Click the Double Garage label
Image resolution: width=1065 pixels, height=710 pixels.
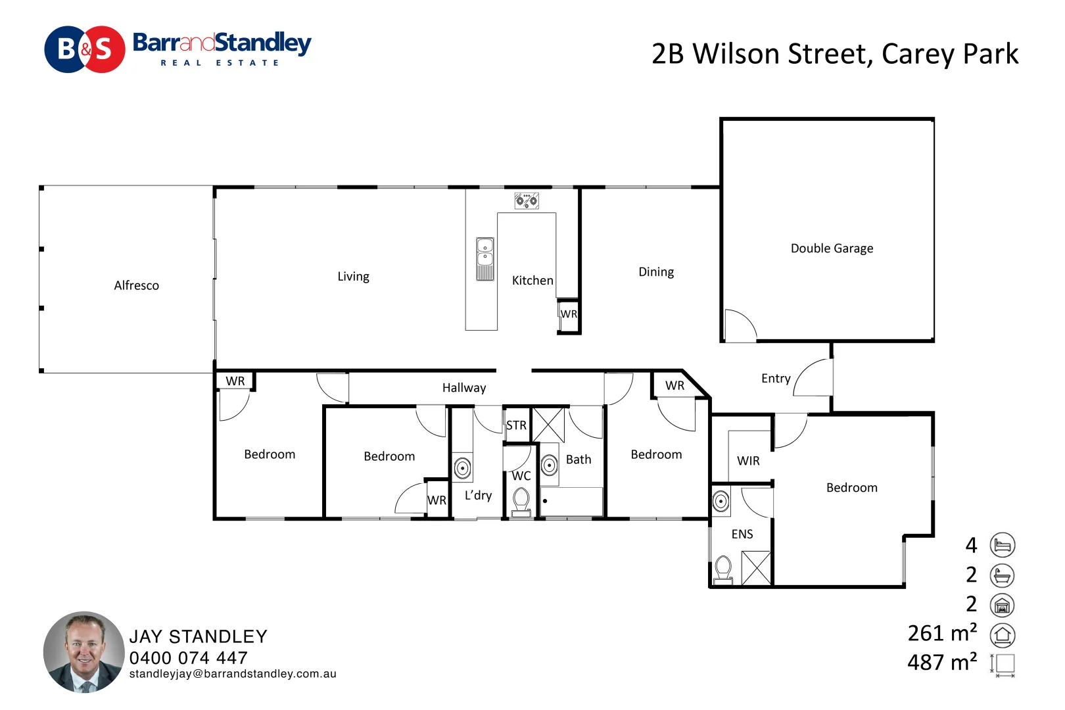click(x=832, y=248)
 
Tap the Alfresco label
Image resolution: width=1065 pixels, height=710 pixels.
click(x=136, y=285)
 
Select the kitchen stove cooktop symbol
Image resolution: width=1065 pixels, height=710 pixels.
click(x=527, y=201)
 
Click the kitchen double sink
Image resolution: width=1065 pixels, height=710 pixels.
click(x=485, y=258)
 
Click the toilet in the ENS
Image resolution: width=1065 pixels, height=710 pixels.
click(x=723, y=569)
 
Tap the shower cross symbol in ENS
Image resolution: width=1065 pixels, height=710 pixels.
click(x=756, y=568)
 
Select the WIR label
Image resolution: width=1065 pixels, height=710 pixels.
click(x=748, y=461)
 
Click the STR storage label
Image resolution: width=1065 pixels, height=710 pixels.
click(x=516, y=425)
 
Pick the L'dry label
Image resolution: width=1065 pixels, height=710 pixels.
click(x=478, y=495)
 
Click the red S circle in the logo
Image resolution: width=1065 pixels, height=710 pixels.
click(x=104, y=49)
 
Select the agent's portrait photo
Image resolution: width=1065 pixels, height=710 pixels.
click(x=83, y=652)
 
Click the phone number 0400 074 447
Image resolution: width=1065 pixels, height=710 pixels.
click(x=189, y=657)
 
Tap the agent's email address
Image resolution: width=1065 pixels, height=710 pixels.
click(x=233, y=674)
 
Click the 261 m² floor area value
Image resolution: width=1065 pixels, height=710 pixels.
click(x=941, y=633)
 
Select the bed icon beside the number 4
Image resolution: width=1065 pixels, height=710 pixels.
click(x=1003, y=545)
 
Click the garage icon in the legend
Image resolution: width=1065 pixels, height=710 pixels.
click(x=1003, y=605)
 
